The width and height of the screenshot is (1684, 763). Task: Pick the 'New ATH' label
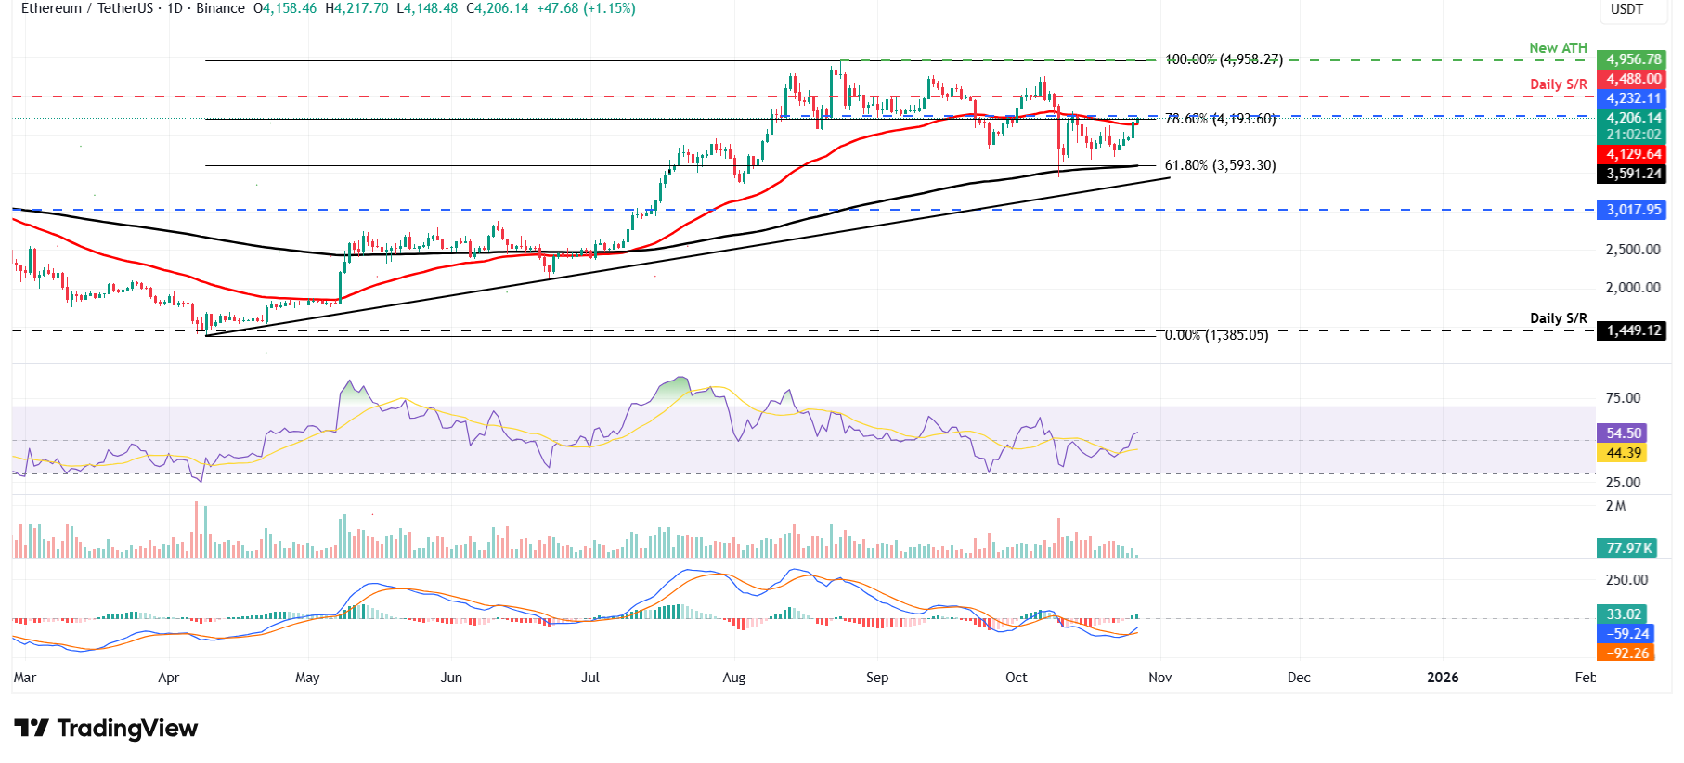1558,48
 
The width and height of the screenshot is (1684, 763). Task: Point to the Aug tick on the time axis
733,678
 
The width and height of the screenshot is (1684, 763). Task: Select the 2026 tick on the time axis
1442,678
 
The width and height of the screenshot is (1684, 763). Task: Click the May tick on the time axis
307,678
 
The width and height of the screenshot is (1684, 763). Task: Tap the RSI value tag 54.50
1624,433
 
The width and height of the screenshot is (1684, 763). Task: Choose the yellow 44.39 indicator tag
1624,453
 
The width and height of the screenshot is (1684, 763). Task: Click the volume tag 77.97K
1629,549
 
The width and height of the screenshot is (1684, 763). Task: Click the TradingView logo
106,729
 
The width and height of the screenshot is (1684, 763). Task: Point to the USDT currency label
1626,9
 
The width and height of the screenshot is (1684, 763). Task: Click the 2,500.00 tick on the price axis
1633,250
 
